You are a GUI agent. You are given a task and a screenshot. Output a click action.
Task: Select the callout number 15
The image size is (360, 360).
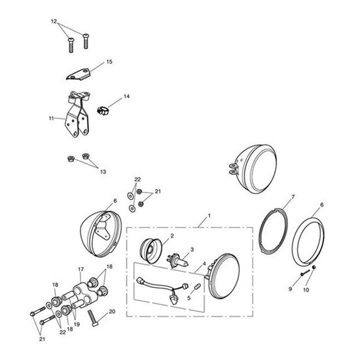click(x=109, y=62)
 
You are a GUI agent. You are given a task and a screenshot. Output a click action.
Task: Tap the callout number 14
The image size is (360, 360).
click(x=126, y=96)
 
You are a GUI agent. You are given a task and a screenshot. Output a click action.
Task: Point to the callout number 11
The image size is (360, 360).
click(x=52, y=118)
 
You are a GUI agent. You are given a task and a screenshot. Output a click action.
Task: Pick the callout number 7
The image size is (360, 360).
click(x=293, y=196)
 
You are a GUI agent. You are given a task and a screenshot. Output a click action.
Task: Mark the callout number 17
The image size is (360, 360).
click(x=81, y=268)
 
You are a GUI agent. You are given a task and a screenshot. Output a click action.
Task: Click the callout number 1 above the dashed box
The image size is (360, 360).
click(x=209, y=216)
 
